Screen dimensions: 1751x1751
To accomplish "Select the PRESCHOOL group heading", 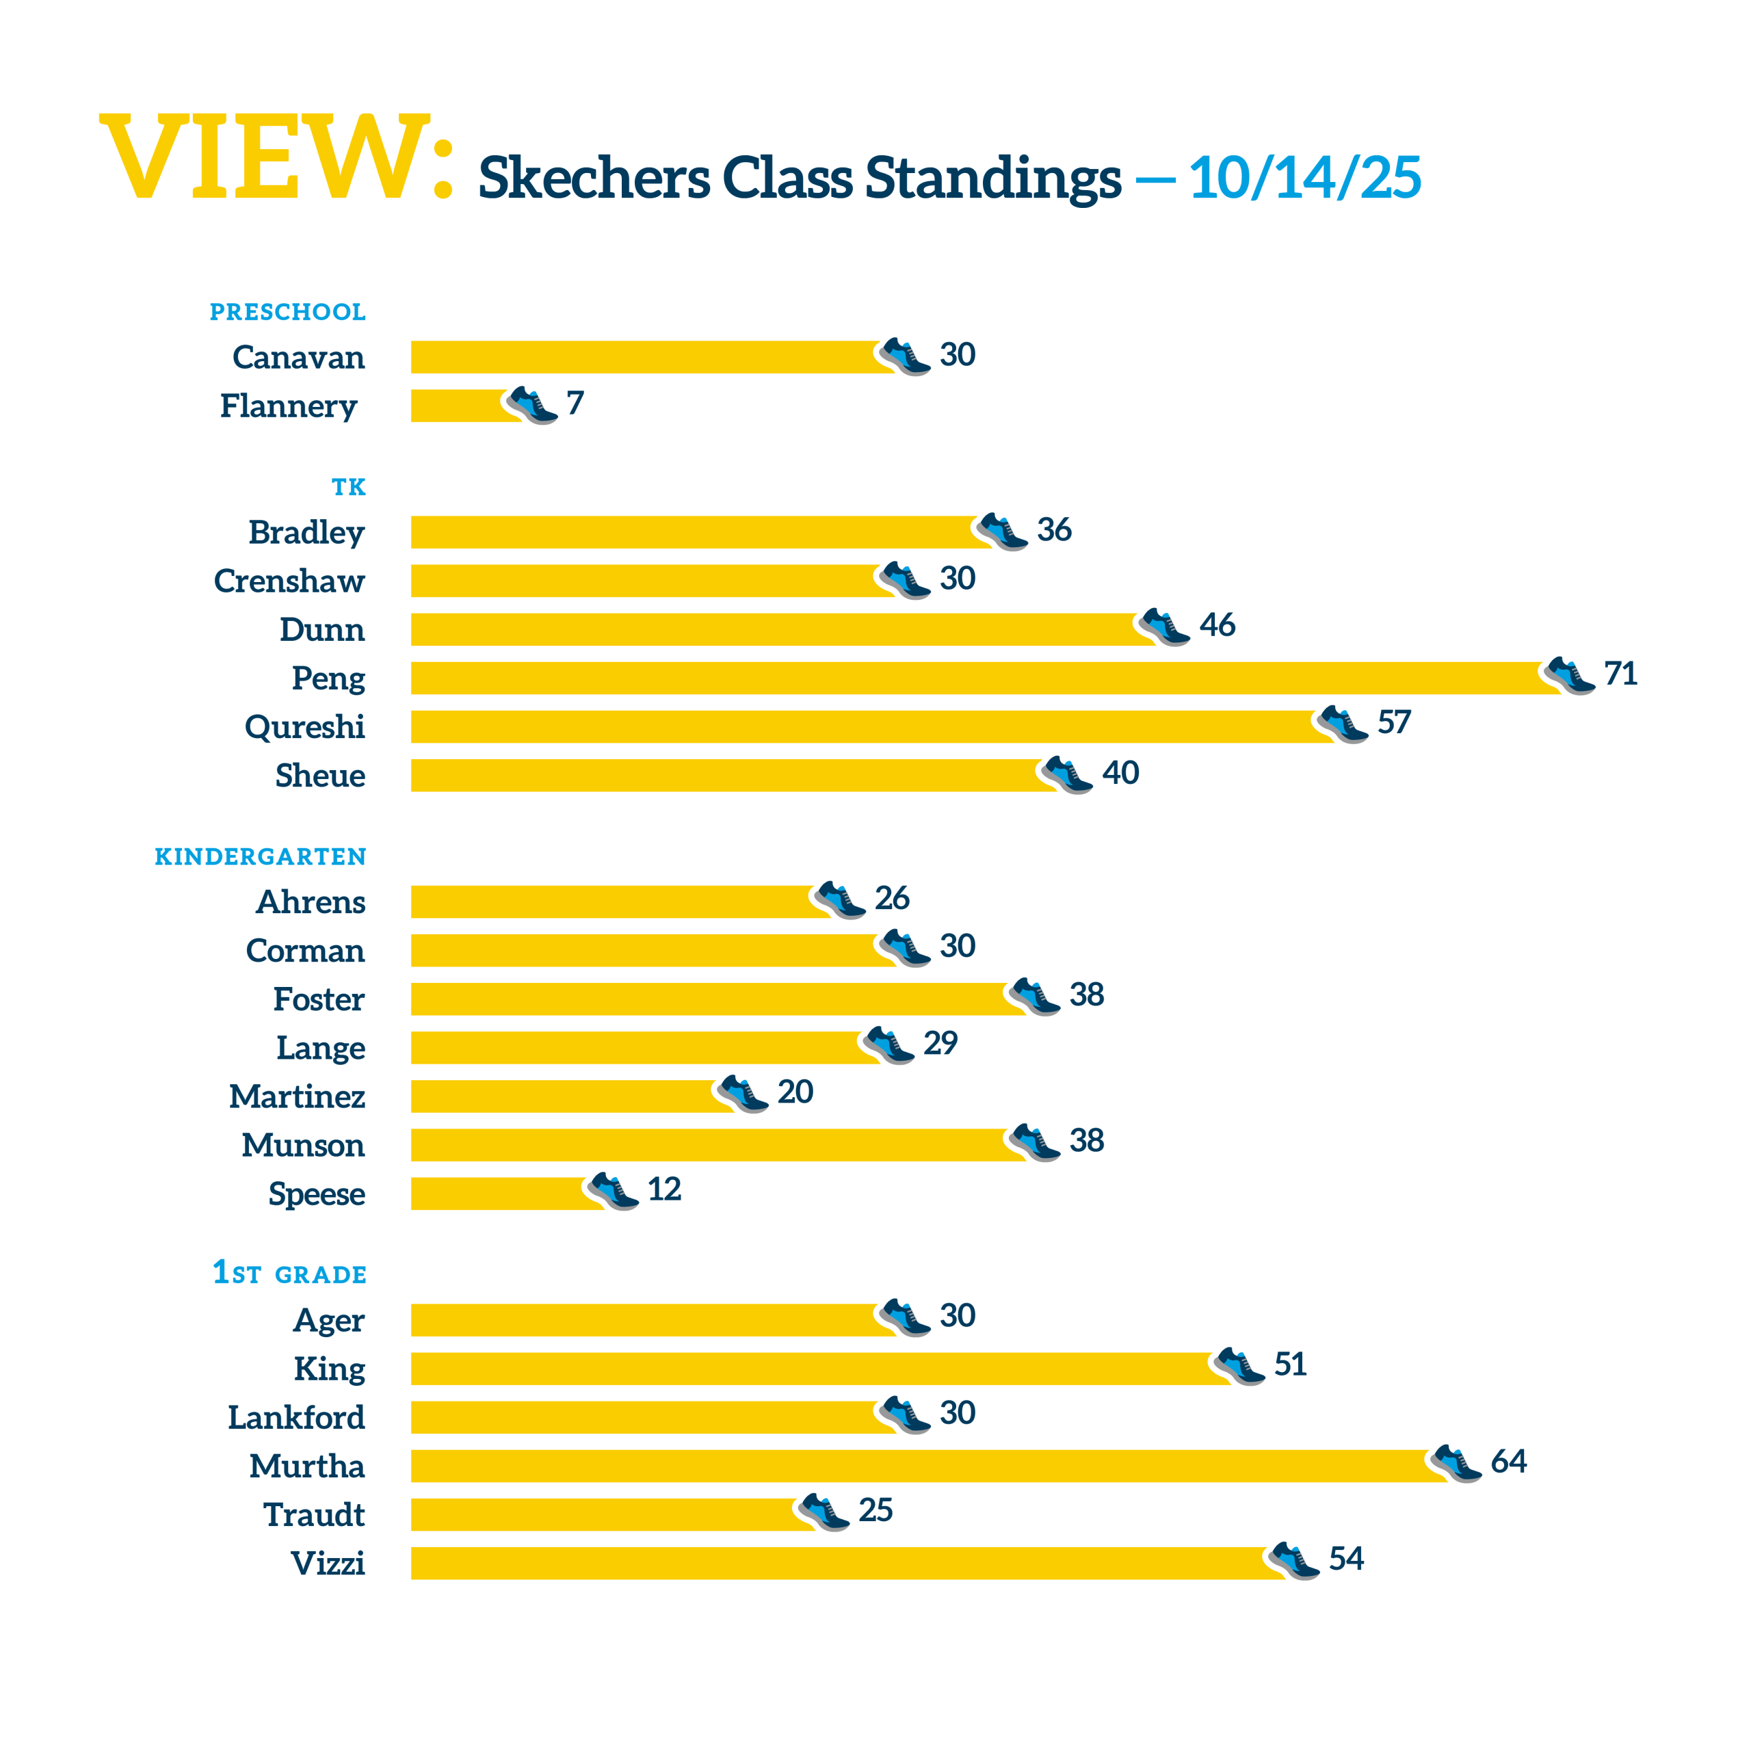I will (287, 312).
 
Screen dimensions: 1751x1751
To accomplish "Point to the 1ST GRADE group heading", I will (289, 1274).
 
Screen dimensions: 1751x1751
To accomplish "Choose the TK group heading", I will (348, 488).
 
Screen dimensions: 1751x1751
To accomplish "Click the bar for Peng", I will (979, 678).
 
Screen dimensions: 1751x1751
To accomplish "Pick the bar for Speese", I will (503, 1194).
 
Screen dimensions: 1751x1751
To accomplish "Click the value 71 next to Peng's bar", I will (1620, 674).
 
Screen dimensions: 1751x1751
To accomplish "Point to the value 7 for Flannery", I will (575, 402).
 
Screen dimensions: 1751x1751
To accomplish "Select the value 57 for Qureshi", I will (1394, 722).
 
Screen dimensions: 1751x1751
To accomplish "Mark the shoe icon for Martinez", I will (743, 1094).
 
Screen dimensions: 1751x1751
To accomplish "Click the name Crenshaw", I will (289, 581).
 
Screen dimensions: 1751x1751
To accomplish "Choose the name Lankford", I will (295, 1417).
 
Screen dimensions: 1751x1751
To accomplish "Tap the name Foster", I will (319, 999).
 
